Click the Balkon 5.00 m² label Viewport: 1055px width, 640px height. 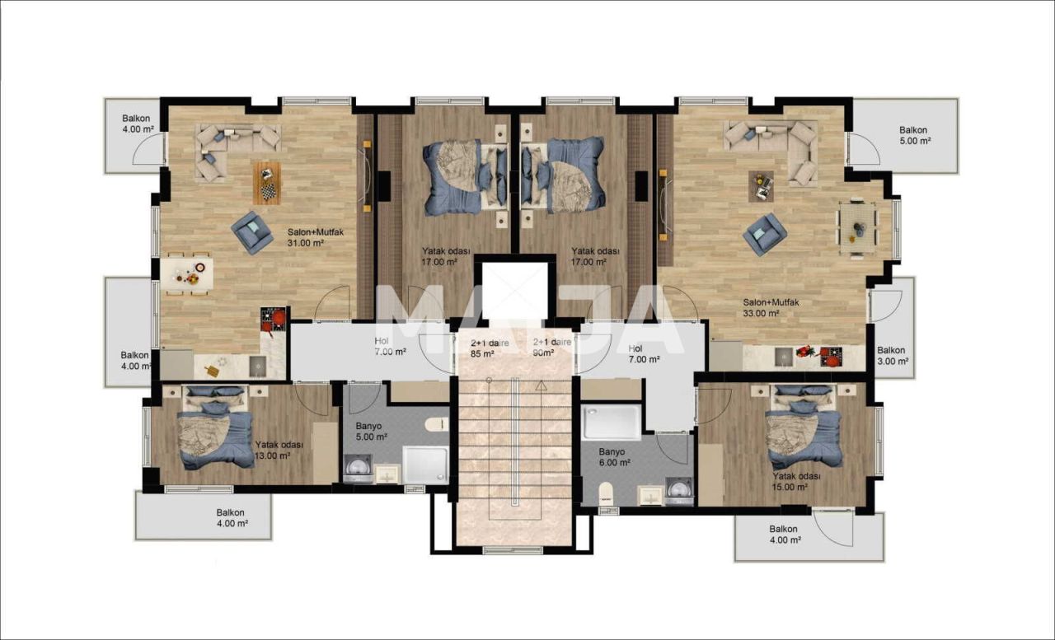(x=913, y=135)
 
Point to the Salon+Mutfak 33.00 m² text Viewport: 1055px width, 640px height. (x=771, y=307)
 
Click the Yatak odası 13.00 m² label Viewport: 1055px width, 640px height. (x=279, y=450)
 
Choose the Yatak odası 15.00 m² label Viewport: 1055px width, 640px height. (x=795, y=481)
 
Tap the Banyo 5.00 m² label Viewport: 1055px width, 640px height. (x=371, y=432)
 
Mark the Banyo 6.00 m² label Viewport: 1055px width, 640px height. (x=615, y=457)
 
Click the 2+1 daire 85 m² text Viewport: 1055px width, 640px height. (x=487, y=348)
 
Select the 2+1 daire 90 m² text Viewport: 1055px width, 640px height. (x=551, y=348)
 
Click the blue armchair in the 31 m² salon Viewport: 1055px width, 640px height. (x=251, y=231)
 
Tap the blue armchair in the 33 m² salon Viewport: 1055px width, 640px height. (x=764, y=234)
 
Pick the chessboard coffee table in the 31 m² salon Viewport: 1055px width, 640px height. (x=267, y=182)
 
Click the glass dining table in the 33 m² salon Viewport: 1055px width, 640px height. (x=858, y=227)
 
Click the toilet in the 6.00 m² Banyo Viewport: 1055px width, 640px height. (x=607, y=493)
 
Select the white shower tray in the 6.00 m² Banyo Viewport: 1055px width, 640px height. (x=611, y=422)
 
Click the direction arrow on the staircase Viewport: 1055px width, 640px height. (x=541, y=385)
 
